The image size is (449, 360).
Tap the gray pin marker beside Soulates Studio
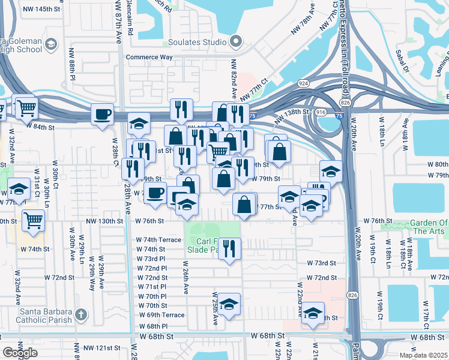236,42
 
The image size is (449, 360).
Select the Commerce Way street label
149,58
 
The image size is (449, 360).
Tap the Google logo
20,352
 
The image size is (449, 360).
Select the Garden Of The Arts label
428,227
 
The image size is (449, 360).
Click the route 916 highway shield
321,112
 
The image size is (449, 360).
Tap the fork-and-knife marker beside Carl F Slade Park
229,249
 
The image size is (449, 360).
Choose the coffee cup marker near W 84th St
103,114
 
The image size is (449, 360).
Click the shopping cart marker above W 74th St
33,220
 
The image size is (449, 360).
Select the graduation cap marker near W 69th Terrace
229,305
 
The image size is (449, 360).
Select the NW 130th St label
103,221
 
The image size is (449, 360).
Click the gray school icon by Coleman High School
51,44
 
